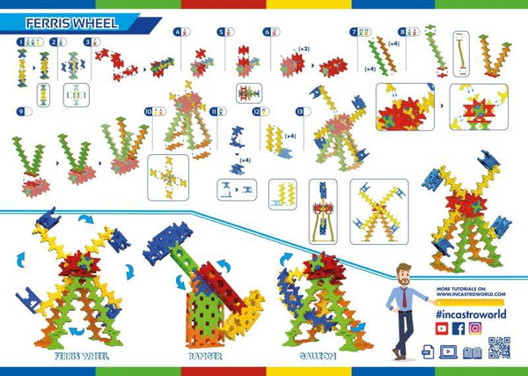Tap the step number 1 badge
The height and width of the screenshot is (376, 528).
click(19, 41)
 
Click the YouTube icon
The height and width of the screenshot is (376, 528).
click(442, 328)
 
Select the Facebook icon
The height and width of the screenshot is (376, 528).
click(458, 328)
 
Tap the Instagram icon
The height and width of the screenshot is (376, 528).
click(474, 328)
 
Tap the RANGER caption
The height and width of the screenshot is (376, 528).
click(205, 358)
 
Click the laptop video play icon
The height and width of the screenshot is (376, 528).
click(449, 351)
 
